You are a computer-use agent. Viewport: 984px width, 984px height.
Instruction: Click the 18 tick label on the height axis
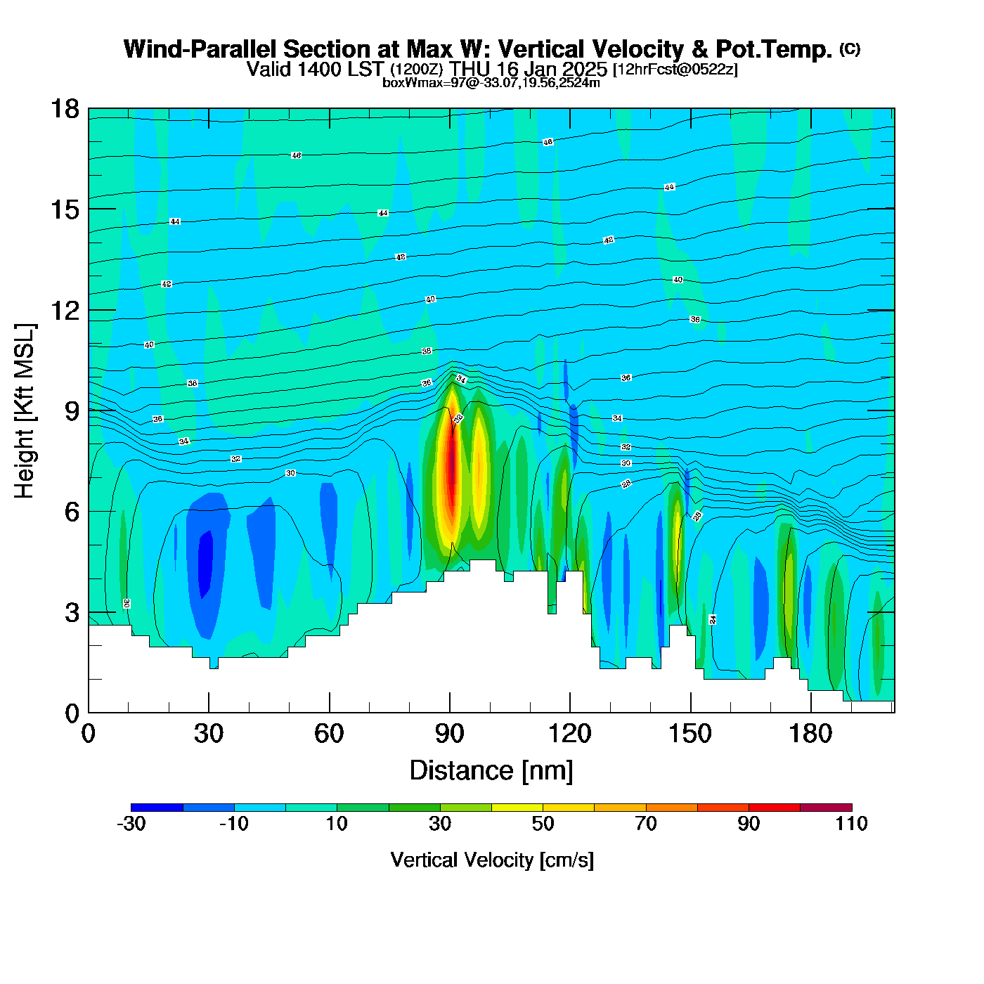pyautogui.click(x=64, y=109)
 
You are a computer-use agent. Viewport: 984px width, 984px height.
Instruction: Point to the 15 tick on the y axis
pyautogui.click(x=64, y=209)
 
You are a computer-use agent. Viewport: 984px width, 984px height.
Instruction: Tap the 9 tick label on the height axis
pyautogui.click(x=72, y=411)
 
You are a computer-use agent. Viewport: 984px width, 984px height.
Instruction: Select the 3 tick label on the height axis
pyautogui.click(x=72, y=613)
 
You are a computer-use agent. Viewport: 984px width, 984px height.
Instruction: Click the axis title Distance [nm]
pyautogui.click(x=491, y=771)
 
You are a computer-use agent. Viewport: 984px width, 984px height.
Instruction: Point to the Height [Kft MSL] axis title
pyautogui.click(x=25, y=411)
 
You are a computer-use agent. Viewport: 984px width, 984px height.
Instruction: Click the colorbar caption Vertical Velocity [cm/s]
pyautogui.click(x=492, y=860)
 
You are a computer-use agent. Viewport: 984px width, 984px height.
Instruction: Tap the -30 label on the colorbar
pyautogui.click(x=131, y=824)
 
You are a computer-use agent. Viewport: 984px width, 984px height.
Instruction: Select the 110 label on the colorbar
pyautogui.click(x=852, y=824)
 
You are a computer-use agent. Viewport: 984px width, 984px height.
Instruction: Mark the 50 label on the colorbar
pyautogui.click(x=543, y=824)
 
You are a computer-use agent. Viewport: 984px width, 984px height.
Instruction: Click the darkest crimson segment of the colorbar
pyautogui.click(x=826, y=808)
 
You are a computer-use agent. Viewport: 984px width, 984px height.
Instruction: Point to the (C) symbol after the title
pyautogui.click(x=850, y=48)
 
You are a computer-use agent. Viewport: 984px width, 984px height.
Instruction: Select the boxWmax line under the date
pyautogui.click(x=491, y=83)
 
